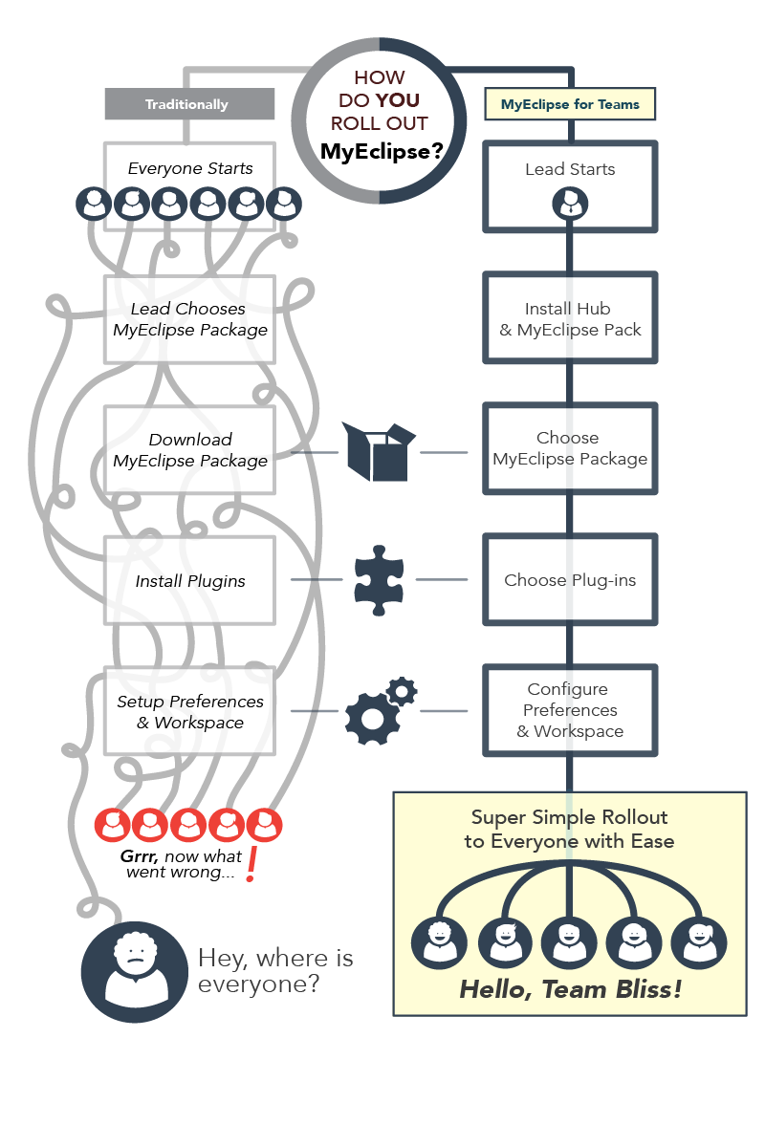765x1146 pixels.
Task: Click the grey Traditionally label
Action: point(187,104)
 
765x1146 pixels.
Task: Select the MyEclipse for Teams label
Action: point(570,104)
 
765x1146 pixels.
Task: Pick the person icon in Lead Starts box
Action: point(570,204)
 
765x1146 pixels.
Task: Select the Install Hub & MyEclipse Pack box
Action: point(570,319)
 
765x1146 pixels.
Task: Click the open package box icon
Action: point(380,451)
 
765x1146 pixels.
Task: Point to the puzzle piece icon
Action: point(380,579)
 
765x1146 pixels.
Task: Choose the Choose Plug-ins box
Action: point(570,580)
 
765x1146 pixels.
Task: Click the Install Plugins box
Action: point(189,580)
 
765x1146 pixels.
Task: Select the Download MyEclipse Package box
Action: point(189,450)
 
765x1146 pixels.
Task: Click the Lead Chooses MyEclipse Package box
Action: point(189,319)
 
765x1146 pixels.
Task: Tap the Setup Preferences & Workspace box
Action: point(189,711)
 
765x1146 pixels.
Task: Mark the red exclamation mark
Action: point(251,865)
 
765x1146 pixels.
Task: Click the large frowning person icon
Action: point(134,971)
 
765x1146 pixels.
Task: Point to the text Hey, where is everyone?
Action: point(275,970)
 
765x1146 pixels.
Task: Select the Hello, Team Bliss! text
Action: point(571,989)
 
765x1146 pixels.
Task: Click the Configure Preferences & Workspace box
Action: point(570,710)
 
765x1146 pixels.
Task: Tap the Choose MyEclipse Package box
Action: point(570,448)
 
